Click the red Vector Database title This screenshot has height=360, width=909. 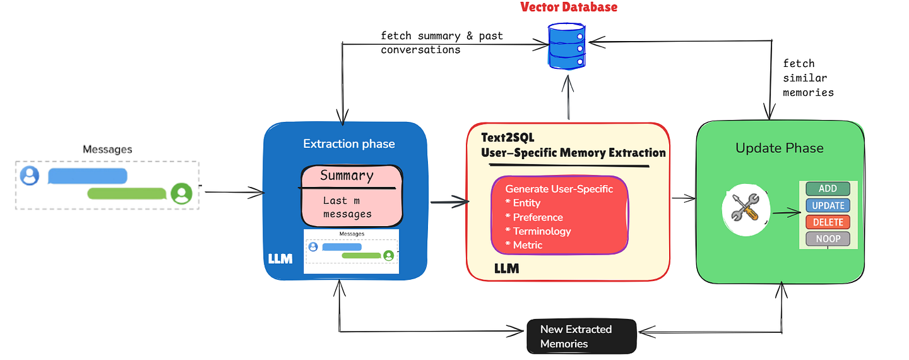pos(568,8)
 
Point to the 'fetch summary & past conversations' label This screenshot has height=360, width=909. pos(442,42)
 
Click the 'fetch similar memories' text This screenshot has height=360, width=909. pos(808,78)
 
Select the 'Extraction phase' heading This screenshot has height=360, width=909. pos(348,143)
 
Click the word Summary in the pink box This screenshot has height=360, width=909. pos(347,176)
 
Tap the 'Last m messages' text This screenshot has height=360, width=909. pos(347,207)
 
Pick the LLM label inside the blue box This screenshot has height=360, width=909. pos(280,259)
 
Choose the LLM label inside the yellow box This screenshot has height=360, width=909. pos(506,268)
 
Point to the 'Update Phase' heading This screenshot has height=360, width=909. pos(779,148)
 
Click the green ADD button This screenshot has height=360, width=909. pos(828,189)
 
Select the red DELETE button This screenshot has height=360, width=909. pos(828,222)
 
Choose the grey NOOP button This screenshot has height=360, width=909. pos(828,239)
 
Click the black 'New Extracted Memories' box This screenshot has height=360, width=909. pos(581,336)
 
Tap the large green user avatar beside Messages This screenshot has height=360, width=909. pos(182,193)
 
